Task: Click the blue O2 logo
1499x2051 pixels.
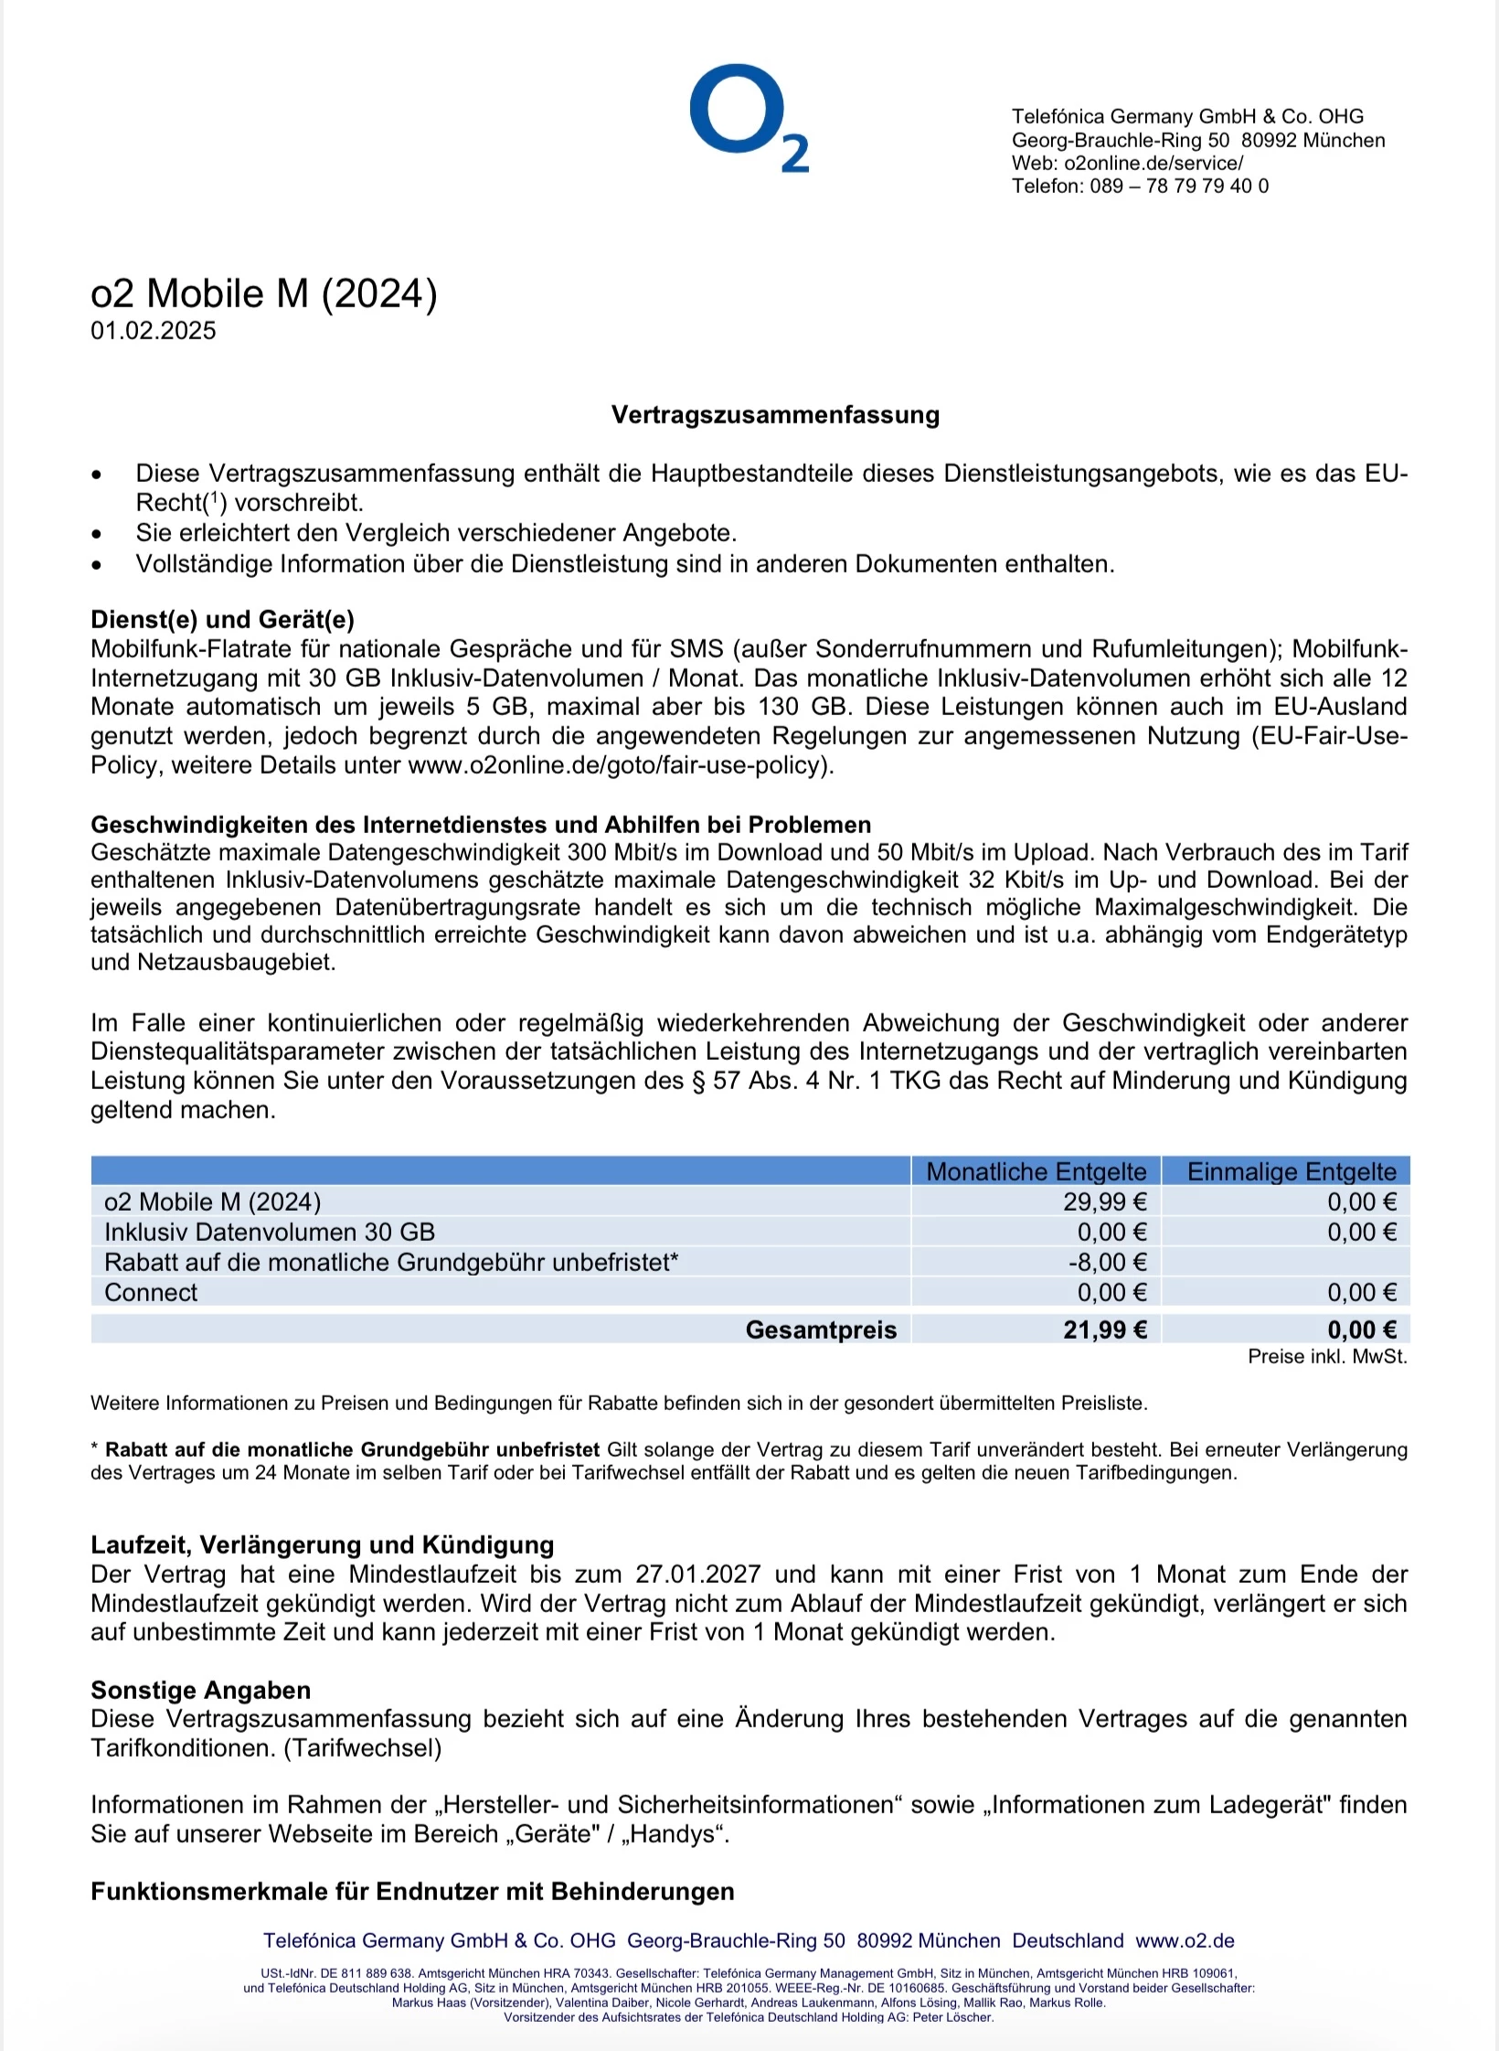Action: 748,117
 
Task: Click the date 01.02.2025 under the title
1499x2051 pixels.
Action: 154,331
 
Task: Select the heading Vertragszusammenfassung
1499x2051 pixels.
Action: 775,415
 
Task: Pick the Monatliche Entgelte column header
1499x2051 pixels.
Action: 1036,1171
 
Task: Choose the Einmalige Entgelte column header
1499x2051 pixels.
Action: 1291,1171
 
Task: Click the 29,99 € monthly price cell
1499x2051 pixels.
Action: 1104,1202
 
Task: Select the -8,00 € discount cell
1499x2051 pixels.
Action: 1107,1262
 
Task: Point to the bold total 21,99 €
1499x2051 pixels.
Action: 1104,1330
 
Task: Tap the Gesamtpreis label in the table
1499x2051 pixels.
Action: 821,1330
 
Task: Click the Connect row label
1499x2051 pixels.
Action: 151,1292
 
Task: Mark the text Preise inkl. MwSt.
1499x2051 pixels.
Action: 1327,1357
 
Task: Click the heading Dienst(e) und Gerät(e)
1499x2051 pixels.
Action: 222,620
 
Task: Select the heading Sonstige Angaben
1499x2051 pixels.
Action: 200,1690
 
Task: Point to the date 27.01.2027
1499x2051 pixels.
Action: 698,1575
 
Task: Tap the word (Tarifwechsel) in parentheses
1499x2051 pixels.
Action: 363,1748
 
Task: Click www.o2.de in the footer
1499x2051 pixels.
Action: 1185,1941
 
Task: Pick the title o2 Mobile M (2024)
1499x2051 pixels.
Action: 264,294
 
